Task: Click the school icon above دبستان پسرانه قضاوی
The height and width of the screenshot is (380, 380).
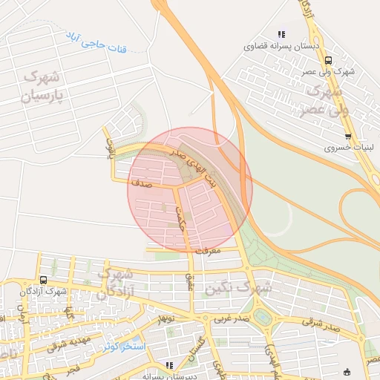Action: pyautogui.click(x=281, y=33)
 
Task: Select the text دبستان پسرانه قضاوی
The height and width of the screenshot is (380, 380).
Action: pyautogui.click(x=278, y=45)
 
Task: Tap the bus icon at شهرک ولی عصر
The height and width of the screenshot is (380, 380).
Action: pyautogui.click(x=329, y=62)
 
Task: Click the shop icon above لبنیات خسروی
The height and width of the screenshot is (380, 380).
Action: pyautogui.click(x=348, y=137)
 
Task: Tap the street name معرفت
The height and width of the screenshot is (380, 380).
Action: pyautogui.click(x=209, y=251)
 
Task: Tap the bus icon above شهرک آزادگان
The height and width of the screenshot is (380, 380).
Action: pyautogui.click(x=43, y=280)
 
